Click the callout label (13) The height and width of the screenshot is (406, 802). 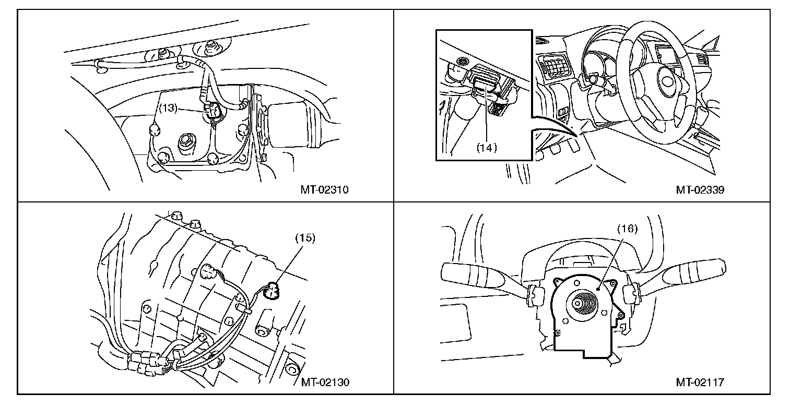[169, 109]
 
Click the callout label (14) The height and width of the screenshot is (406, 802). [487, 147]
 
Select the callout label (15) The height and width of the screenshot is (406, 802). [305, 237]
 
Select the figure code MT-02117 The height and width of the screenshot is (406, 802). [700, 382]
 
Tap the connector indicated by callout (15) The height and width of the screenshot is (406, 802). [272, 290]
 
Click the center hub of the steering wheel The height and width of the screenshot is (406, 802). [667, 81]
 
